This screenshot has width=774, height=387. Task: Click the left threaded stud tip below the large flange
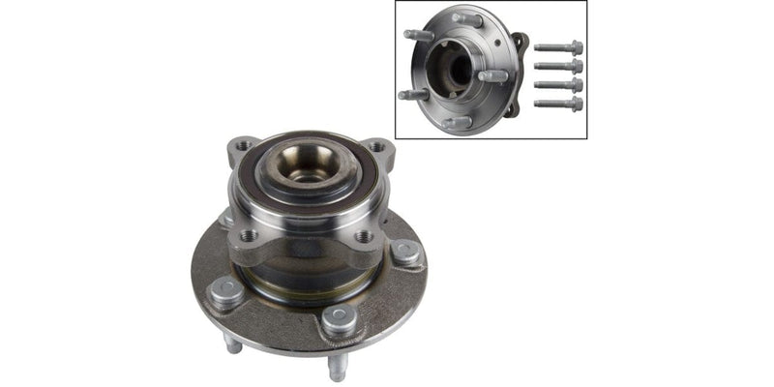click(232, 344)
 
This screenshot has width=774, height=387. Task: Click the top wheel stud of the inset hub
click(467, 18)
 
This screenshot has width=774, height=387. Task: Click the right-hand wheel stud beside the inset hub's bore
click(493, 74)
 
